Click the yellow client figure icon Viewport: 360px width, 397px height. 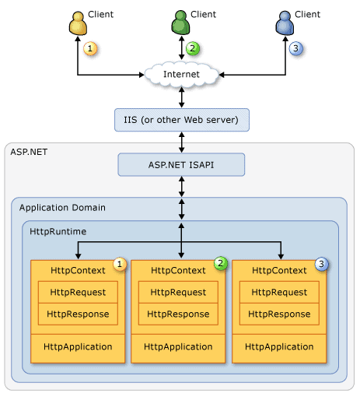[78, 23]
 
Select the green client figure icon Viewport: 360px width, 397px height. [180, 23]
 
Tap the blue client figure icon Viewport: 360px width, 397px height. [285, 23]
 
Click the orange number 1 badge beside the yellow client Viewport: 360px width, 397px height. [90, 48]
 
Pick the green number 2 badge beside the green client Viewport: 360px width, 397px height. [193, 48]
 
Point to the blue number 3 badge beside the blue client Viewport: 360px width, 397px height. [295, 48]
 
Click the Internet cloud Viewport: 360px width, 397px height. [181, 75]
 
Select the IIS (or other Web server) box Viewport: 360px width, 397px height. [182, 120]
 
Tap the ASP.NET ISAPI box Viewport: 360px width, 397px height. [181, 165]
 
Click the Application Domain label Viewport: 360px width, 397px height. [62, 208]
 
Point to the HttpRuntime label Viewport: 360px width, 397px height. [58, 231]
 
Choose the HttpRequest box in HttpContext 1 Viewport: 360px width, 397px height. [78, 292]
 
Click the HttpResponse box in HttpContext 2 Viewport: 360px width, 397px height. [178, 314]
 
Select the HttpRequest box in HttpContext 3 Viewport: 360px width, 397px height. [279, 292]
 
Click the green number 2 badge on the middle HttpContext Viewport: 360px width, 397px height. [221, 263]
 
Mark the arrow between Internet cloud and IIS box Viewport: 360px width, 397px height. [182, 97]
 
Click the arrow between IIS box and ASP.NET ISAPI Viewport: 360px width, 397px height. [182, 142]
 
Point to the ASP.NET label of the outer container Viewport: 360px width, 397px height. [29, 152]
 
